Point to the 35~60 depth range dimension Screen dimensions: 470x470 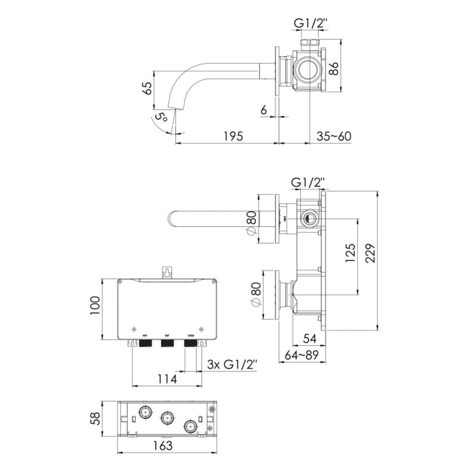point(334,136)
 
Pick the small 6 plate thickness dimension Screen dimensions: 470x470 point(264,109)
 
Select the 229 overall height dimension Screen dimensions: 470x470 point(380,252)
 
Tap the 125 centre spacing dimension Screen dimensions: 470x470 point(350,254)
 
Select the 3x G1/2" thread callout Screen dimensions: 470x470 point(232,365)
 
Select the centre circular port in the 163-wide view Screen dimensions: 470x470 point(166,418)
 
